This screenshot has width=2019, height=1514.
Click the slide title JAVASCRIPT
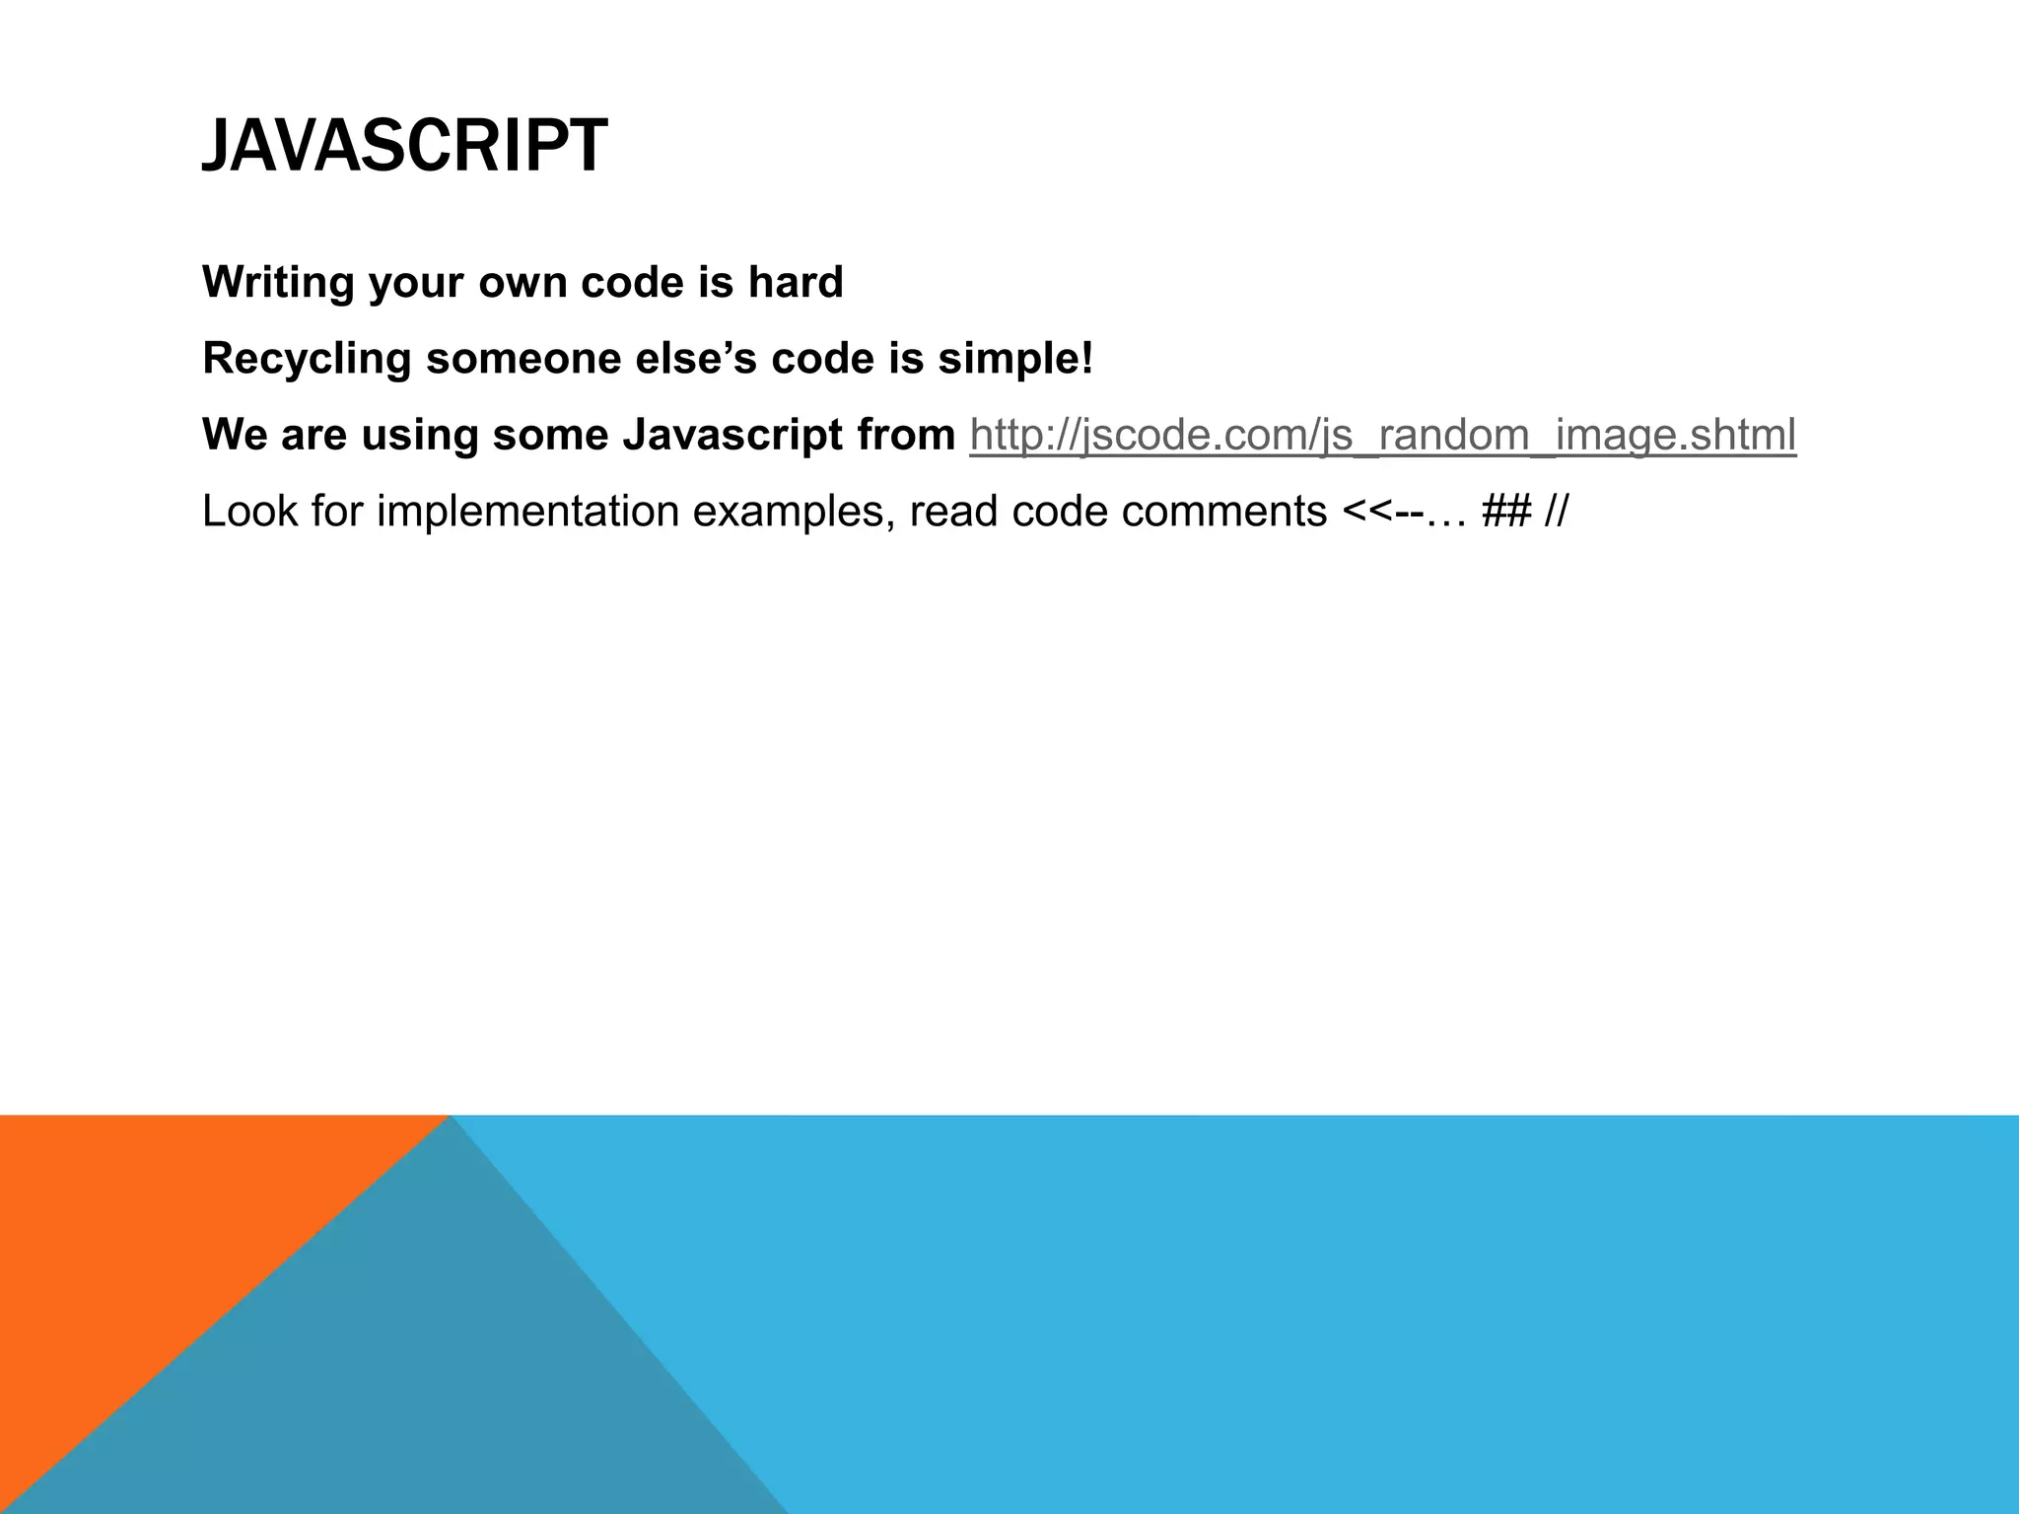point(404,146)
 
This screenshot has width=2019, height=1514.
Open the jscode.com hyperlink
point(1382,435)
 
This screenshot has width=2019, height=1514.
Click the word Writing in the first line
point(278,283)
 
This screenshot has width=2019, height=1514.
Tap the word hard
point(795,283)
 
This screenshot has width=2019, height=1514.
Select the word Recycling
point(306,359)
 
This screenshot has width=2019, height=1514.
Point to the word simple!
point(1015,359)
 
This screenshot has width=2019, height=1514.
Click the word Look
point(249,512)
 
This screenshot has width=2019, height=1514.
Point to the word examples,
point(795,512)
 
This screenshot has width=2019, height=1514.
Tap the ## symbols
point(1505,512)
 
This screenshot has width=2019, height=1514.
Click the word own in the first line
point(522,283)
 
